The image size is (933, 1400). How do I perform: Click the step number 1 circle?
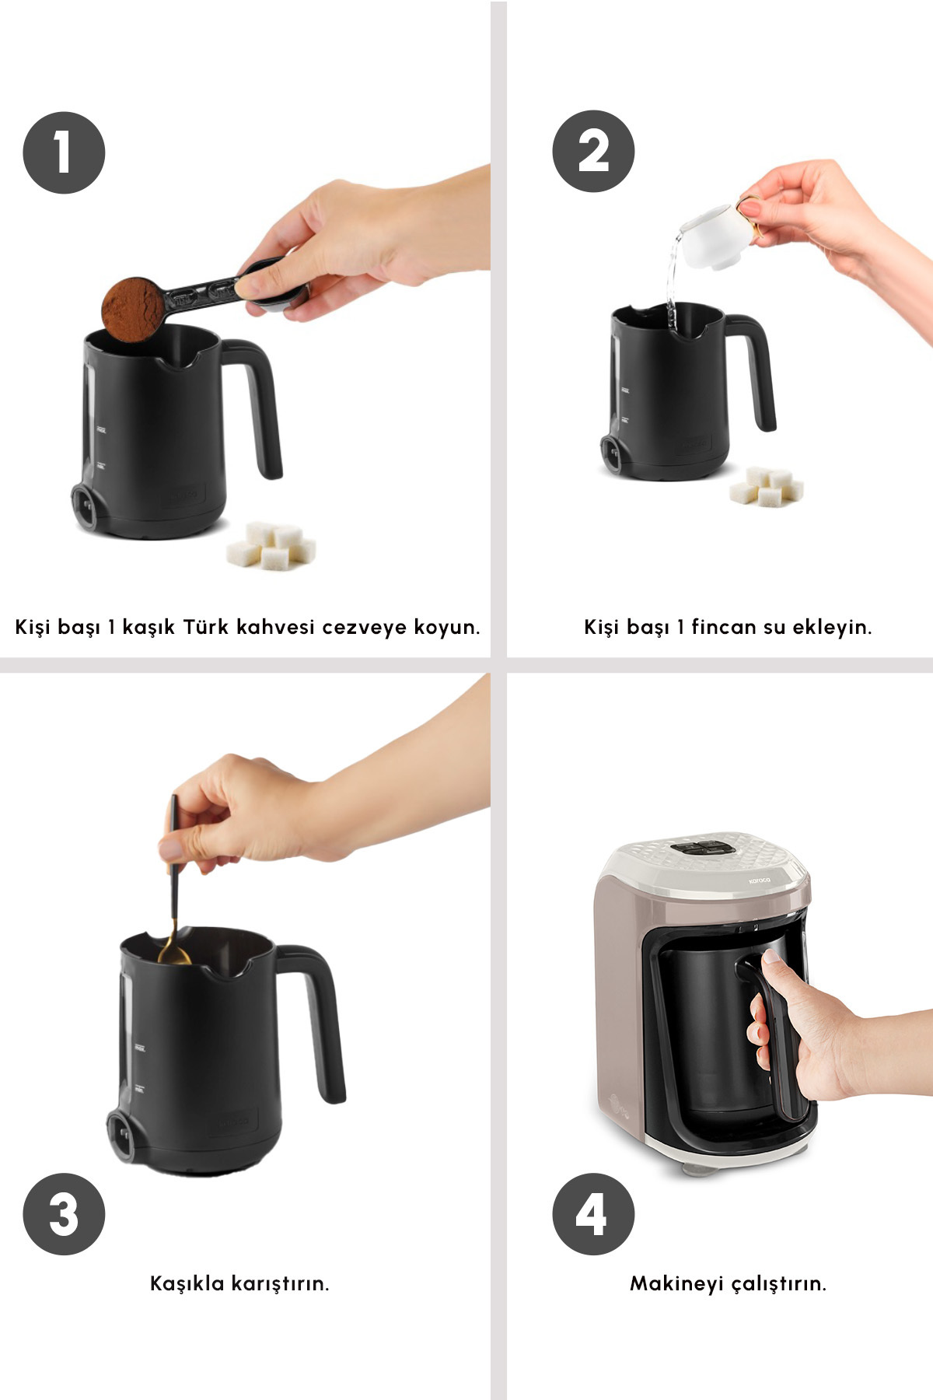point(64,152)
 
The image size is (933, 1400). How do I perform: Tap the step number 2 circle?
point(593,151)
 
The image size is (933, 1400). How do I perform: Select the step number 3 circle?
point(64,1214)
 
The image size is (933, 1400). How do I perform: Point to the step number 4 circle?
point(593,1214)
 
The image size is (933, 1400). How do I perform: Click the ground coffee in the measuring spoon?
point(133,310)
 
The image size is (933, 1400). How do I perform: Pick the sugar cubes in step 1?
point(271,545)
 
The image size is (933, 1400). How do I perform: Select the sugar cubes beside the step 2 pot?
point(767,485)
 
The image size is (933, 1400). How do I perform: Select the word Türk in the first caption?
point(206,626)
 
